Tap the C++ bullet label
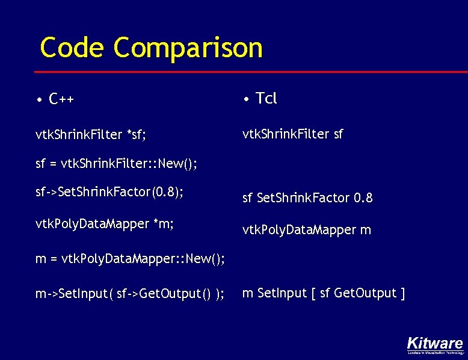click(x=62, y=99)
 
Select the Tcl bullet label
click(x=266, y=98)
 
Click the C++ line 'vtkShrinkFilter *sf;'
click(x=91, y=134)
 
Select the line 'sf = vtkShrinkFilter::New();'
click(x=117, y=163)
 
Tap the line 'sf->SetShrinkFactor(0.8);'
click(x=109, y=193)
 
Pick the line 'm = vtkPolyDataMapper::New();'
click(x=131, y=259)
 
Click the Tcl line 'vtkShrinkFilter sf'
click(x=292, y=134)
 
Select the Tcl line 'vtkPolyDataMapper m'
click(x=306, y=230)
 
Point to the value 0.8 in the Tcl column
click(x=363, y=197)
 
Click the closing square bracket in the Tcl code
click(x=402, y=294)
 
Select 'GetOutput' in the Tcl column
click(x=365, y=294)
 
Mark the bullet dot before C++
click(x=38, y=99)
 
